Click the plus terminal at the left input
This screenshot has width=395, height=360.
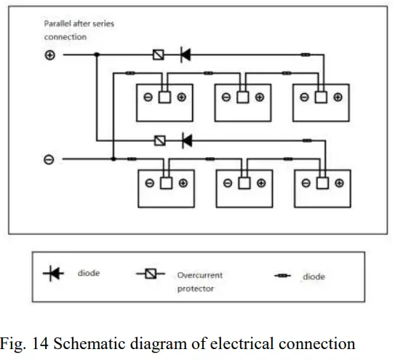[x=50, y=55]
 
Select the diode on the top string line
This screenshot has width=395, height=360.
[x=185, y=55]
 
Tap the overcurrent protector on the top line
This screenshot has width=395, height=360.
[x=159, y=55]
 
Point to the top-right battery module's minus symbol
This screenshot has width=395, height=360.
[x=303, y=97]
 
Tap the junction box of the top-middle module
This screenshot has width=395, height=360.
[x=242, y=97]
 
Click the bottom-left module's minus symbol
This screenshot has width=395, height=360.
[x=149, y=184]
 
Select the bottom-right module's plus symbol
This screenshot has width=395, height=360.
[x=338, y=184]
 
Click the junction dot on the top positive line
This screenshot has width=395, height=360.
[x=96, y=55]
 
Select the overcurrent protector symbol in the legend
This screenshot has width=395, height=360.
[x=150, y=274]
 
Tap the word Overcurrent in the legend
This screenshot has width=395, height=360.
[x=198, y=276]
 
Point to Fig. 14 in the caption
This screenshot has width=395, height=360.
[x=29, y=342]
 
